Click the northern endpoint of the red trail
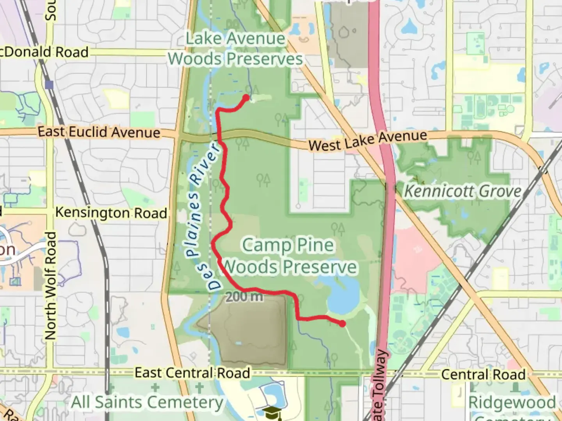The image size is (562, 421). click(246, 97)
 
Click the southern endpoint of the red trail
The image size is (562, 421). click(342, 323)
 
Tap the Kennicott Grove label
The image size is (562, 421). click(462, 191)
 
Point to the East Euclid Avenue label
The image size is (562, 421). click(99, 132)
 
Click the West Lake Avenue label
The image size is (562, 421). click(368, 141)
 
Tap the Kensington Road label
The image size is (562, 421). click(111, 213)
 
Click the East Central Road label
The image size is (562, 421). click(192, 373)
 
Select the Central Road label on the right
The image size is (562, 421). click(483, 375)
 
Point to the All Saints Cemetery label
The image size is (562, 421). click(147, 402)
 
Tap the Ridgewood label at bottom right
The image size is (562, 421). click(512, 402)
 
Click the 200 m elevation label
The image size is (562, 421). click(244, 297)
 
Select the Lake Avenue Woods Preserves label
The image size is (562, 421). click(235, 49)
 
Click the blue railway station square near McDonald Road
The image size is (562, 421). click(49, 84)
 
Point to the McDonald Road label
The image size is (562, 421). click(44, 52)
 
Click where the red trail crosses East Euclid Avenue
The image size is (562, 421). click(219, 136)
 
